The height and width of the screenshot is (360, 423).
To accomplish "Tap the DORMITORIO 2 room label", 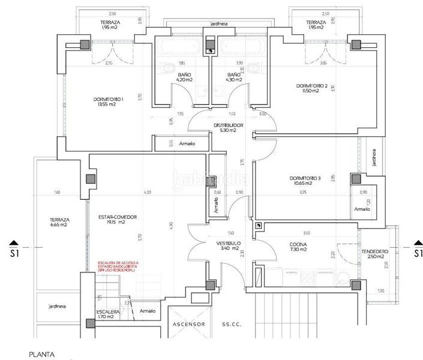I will (x=312, y=88).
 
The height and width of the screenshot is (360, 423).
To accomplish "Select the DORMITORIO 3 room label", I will (x=305, y=180).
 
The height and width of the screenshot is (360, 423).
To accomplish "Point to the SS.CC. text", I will (x=231, y=324).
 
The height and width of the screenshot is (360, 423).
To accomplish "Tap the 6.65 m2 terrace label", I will (x=59, y=222).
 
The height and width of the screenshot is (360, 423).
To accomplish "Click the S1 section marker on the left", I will (x=15, y=251).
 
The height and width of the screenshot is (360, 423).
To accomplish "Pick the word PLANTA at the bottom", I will (x=41, y=355).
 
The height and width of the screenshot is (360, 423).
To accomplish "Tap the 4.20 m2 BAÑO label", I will (x=167, y=77).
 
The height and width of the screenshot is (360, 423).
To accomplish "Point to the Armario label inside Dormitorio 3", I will (x=361, y=209).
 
